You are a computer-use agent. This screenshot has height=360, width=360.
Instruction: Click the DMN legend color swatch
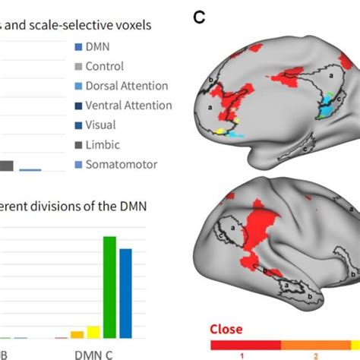tap(80, 47)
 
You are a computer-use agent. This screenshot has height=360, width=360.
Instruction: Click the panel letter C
tap(200, 16)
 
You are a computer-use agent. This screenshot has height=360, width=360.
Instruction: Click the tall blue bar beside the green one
tap(126, 293)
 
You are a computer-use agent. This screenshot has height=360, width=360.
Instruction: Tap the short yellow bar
tap(93, 332)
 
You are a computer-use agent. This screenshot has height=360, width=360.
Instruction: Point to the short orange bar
tap(77, 334)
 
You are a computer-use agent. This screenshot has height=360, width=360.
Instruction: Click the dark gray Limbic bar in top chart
tap(6, 166)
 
